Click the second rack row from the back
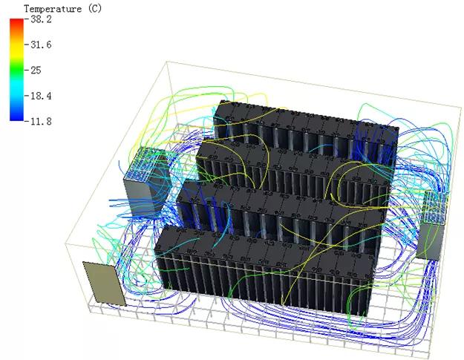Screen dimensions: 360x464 pos(290,167)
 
